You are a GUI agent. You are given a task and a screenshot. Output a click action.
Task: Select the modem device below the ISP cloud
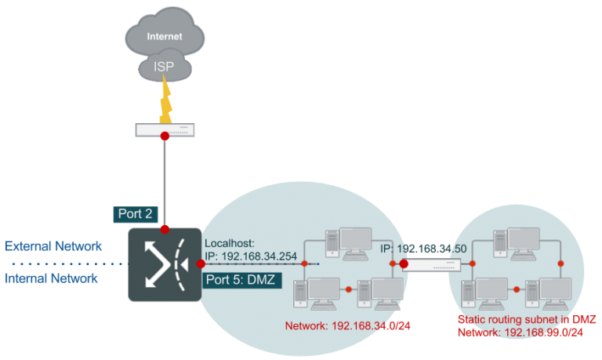165,130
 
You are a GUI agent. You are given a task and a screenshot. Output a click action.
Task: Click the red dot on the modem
165,136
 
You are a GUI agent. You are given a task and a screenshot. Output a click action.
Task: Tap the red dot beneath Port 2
165,229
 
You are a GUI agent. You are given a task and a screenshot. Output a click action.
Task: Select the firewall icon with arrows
165,264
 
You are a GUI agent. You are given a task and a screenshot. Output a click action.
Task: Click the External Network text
53,246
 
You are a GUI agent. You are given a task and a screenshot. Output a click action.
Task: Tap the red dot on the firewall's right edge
201,264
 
